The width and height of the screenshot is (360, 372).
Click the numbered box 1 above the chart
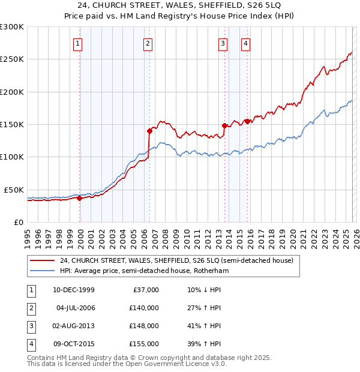pyautogui.click(x=79, y=43)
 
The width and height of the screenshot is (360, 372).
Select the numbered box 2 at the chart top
pyautogui.click(x=148, y=43)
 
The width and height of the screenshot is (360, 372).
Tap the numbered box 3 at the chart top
pyautogui.click(x=223, y=43)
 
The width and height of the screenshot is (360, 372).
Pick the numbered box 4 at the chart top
pyautogui.click(x=246, y=43)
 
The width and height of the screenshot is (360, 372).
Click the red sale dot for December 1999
pyautogui.click(x=79, y=198)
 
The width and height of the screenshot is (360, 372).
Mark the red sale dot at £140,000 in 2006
pyautogui.click(x=149, y=130)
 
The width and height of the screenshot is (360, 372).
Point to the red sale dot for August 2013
pyautogui.click(x=224, y=125)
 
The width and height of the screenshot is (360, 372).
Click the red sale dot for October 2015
pyautogui.click(x=247, y=121)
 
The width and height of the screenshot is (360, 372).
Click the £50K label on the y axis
pyautogui.click(x=14, y=190)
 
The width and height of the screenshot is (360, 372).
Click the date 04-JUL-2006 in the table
pyautogui.click(x=76, y=308)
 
